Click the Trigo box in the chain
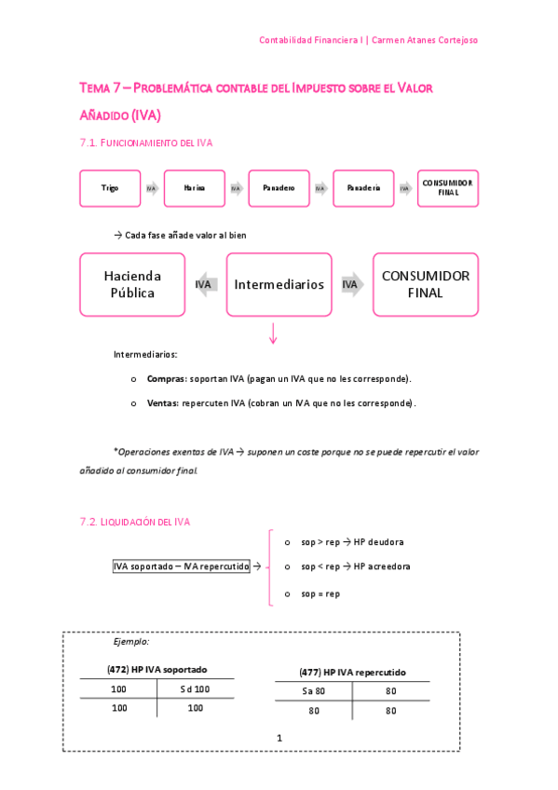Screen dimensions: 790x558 (x=110, y=188)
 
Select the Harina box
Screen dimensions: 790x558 (x=195, y=188)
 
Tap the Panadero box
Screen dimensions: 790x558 (x=279, y=188)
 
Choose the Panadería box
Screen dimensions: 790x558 (x=363, y=188)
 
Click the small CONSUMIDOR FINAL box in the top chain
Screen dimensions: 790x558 (x=447, y=188)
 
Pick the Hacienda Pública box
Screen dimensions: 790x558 (x=132, y=285)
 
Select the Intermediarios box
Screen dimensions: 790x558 (x=279, y=285)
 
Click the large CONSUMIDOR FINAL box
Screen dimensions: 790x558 (x=426, y=285)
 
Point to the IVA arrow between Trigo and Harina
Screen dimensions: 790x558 (x=152, y=188)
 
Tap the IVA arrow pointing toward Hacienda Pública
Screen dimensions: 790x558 (x=205, y=285)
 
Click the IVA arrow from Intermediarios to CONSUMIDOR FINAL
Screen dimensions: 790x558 (x=351, y=285)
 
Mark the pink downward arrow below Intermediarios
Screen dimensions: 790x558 (x=273, y=334)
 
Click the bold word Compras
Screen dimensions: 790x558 (x=166, y=379)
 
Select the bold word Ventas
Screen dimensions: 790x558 (x=164, y=403)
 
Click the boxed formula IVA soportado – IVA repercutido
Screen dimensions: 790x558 (x=181, y=566)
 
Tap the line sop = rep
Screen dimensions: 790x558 (x=320, y=593)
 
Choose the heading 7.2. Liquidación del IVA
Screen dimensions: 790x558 (x=135, y=523)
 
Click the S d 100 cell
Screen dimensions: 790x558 (x=195, y=689)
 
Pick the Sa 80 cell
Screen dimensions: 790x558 (x=313, y=691)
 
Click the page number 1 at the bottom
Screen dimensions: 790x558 (x=279, y=738)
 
